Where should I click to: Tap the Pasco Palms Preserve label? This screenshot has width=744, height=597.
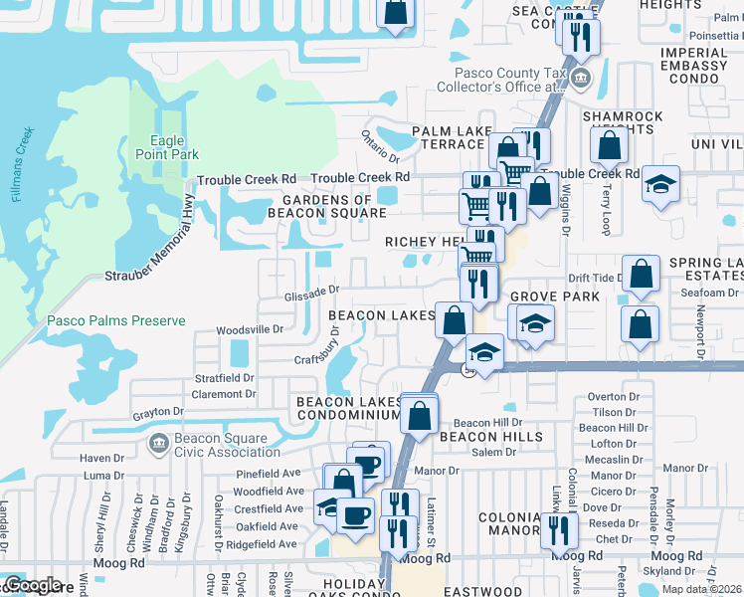115,321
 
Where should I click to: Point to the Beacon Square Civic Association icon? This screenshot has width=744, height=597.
156,442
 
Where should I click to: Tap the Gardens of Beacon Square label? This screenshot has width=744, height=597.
326,206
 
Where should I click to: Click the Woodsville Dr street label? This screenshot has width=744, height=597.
251,328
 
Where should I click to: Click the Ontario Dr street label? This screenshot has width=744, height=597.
380,147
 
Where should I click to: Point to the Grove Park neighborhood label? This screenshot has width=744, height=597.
555,297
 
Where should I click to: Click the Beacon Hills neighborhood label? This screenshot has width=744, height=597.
491,436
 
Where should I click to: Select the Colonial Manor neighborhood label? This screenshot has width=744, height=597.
509,524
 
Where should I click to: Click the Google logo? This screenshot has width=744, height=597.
33,585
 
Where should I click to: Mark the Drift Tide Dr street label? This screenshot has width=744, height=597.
593,279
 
